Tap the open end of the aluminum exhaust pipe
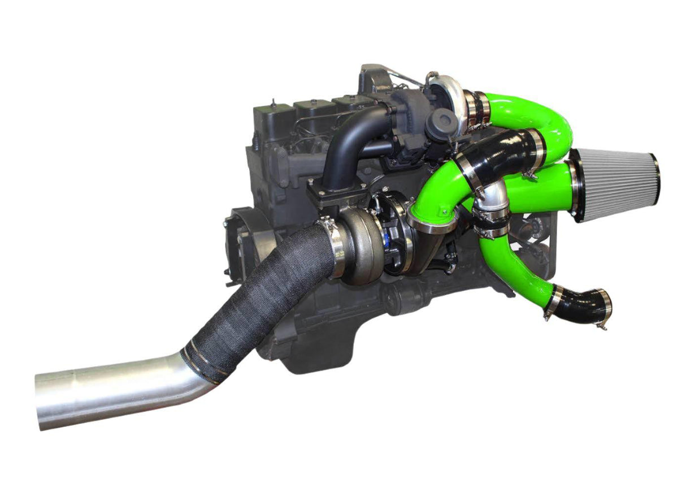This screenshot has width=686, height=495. click(x=40, y=401)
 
